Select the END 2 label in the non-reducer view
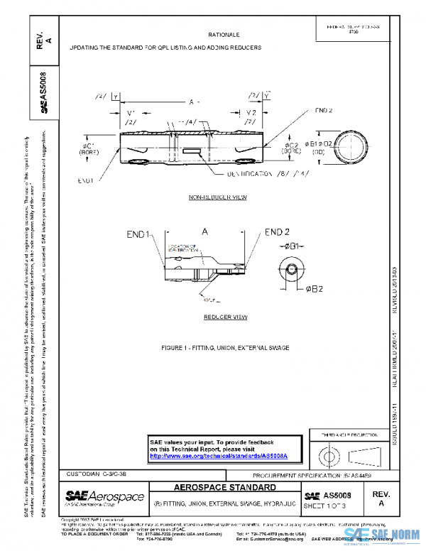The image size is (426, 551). tap(324, 111)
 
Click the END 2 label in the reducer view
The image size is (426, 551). tap(278, 232)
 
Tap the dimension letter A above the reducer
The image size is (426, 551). tap(204, 232)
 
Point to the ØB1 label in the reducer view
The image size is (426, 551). tap(294, 245)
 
